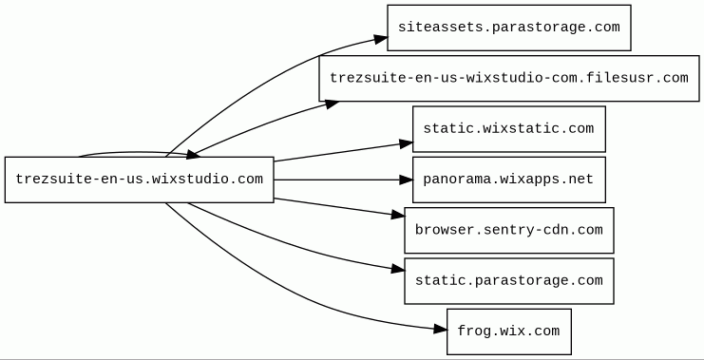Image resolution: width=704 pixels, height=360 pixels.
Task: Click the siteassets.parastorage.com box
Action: coord(508,28)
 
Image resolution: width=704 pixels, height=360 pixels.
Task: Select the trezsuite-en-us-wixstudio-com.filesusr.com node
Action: coord(508,78)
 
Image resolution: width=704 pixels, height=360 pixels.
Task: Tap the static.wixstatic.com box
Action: coord(508,129)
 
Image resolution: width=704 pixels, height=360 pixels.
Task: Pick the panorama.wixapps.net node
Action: coord(508,180)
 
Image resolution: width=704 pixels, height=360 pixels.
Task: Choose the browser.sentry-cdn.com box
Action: coord(508,230)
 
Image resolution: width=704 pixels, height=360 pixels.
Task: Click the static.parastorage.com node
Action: coord(508,280)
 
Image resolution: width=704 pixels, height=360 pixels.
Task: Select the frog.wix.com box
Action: coord(508,332)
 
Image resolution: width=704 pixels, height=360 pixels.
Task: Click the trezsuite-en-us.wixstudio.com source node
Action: coord(139,180)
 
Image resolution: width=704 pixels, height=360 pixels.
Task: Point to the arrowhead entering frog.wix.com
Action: coord(441,330)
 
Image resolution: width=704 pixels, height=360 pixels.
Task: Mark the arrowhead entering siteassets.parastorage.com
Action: coord(381,40)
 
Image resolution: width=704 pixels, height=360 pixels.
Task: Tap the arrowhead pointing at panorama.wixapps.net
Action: coord(406,180)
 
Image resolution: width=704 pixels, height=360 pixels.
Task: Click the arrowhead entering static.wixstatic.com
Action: coord(406,143)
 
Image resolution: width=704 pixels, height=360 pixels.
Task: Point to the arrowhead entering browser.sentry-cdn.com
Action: coord(398,216)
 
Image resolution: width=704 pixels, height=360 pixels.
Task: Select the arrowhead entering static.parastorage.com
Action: coord(398,270)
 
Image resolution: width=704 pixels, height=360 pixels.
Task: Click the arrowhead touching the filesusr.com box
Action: coord(332,104)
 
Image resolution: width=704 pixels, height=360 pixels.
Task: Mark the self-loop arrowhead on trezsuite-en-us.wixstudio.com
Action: coord(193,155)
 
